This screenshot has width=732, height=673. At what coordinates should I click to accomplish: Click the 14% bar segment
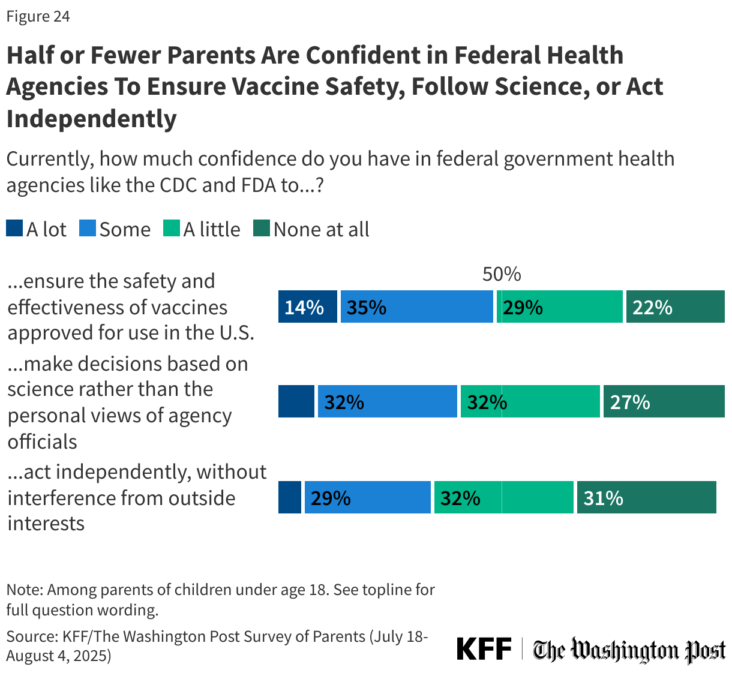coord(307,307)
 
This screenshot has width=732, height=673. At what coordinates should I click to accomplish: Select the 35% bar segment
coord(416,307)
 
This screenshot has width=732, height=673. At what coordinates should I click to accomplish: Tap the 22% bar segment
coord(675,307)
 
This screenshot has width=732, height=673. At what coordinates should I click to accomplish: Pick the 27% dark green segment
coord(664,401)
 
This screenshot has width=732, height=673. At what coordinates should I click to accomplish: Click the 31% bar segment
coord(646,497)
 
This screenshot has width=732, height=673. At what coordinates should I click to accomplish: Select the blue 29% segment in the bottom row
coord(367,497)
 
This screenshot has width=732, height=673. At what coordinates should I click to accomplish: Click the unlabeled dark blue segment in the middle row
coord(296,401)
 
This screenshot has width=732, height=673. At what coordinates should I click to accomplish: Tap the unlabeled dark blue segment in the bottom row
coord(290,497)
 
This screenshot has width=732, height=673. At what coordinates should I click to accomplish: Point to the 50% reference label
coord(502,274)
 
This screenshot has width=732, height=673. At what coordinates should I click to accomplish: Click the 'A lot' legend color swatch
coord(14,229)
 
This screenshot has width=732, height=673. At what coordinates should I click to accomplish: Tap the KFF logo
coord(484,649)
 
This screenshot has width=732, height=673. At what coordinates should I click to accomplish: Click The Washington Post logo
coord(629,650)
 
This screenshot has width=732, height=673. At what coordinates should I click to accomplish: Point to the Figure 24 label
coord(38,16)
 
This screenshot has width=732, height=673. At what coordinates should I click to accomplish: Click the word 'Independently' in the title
coord(91,118)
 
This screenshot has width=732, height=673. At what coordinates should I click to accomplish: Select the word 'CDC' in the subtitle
coord(178,185)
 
